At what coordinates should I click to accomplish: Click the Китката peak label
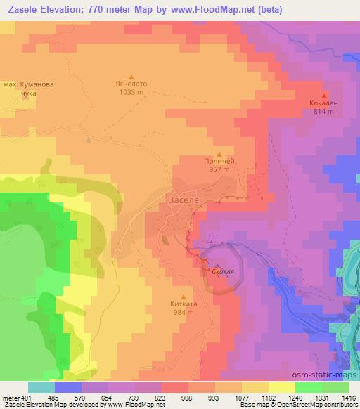(184, 305)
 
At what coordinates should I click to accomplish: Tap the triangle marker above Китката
(184, 296)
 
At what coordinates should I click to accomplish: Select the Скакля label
(223, 270)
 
